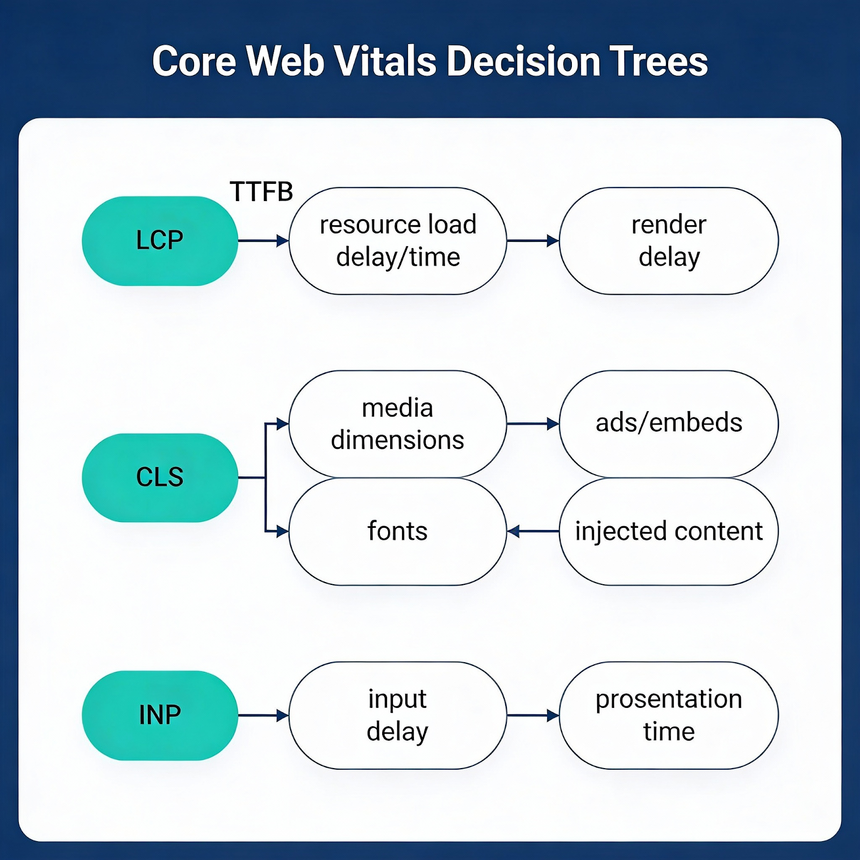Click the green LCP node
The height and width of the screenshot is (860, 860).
pos(160,241)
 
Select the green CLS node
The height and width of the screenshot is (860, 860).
pos(160,477)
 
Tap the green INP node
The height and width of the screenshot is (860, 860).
pos(160,715)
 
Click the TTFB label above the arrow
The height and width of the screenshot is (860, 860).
pos(261,192)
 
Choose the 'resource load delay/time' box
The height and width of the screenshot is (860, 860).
pos(398,241)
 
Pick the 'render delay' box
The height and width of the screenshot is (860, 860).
pos(669,241)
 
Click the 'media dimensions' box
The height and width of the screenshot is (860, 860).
pos(398,424)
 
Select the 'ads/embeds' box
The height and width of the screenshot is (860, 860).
pos(669,424)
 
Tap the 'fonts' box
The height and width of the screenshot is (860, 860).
pos(398,531)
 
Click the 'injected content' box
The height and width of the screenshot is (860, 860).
pos(669,531)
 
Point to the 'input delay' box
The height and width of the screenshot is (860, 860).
pos(398,715)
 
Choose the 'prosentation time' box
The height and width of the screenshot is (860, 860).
pos(669,715)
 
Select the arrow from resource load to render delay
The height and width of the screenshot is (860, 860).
pos(533,241)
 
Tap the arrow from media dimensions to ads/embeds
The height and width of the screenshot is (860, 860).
pos(533,424)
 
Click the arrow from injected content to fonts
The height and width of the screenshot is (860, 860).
pos(533,532)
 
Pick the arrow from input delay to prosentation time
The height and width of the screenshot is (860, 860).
pos(533,715)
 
